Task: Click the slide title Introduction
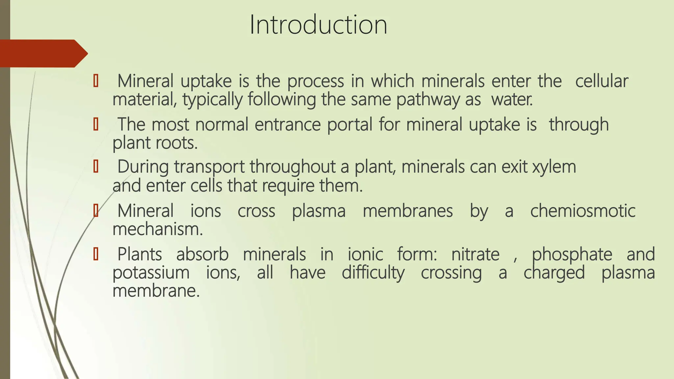[x=318, y=25]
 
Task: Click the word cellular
[x=602, y=81]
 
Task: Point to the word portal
[x=350, y=125]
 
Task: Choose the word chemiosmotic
[x=583, y=211]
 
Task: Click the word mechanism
[x=158, y=229]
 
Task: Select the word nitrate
[x=475, y=254]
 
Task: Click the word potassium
[x=151, y=273]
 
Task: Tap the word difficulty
[x=373, y=273]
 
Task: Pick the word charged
[x=554, y=273]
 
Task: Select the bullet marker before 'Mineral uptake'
[x=96, y=81]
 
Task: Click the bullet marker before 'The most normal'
[x=96, y=125]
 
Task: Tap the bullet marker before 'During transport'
[x=96, y=167]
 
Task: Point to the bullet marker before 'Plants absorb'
[x=96, y=254]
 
